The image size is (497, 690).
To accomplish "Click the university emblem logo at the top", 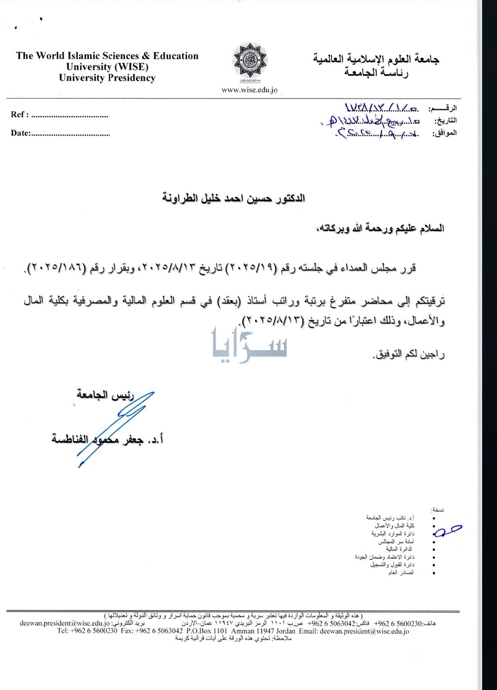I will pos(250,63).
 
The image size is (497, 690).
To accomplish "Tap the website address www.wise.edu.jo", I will pos(249,90).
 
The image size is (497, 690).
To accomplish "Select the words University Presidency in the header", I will pos(107,78).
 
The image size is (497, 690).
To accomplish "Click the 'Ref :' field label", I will pos(20,115).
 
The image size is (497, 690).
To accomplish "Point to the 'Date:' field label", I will pos(20,133).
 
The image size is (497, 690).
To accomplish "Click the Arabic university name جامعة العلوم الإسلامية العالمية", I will pos(376,59).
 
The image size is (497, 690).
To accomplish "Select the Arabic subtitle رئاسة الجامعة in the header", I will pos(376,72).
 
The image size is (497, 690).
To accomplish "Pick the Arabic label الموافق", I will pos(444,133).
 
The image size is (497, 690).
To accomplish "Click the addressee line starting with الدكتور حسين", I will pos(233,198).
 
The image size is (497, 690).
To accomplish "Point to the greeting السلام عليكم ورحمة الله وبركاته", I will pos(378,228).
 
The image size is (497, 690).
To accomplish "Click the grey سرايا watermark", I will pos(249,345).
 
